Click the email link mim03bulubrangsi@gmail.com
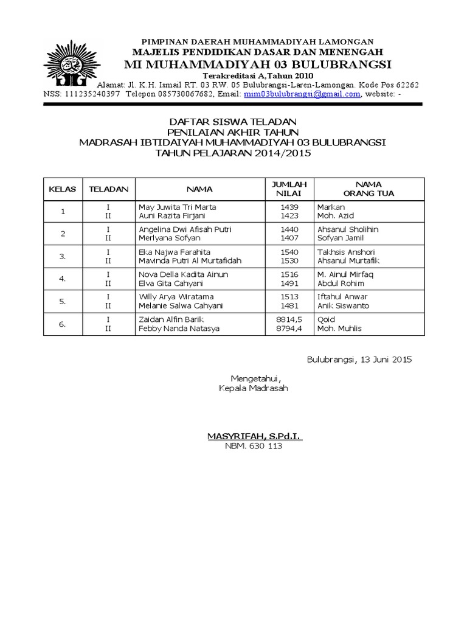click(x=302, y=94)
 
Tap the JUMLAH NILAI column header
click(x=289, y=189)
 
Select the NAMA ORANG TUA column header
click(x=368, y=189)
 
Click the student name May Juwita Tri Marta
click(x=178, y=207)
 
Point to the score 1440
click(x=289, y=229)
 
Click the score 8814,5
click(x=288, y=319)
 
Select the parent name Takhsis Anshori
click(x=346, y=252)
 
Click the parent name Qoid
click(x=326, y=319)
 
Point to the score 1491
click(x=289, y=284)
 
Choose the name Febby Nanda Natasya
click(x=179, y=329)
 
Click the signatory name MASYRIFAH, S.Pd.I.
click(x=255, y=436)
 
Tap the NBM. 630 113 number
click(x=254, y=446)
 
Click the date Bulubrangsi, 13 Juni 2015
click(x=359, y=360)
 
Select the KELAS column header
click(x=62, y=189)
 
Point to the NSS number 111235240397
click(x=92, y=94)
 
